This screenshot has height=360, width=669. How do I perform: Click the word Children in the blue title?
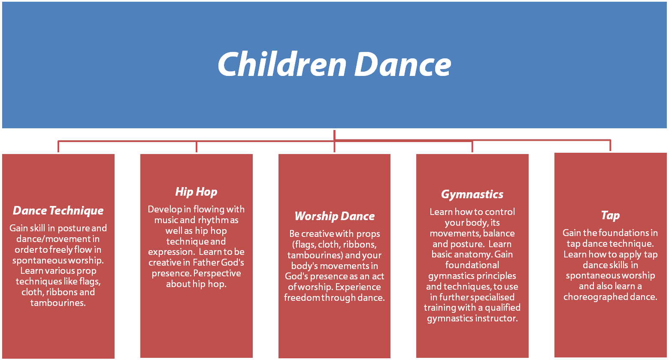pyautogui.click(x=282, y=64)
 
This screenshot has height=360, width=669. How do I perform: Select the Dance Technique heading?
pyautogui.click(x=58, y=211)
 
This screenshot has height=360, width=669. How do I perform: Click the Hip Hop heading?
pyautogui.click(x=196, y=192)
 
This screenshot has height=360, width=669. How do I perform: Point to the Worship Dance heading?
pyautogui.click(x=334, y=216)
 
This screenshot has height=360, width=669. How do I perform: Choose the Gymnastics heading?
pyautogui.click(x=472, y=194)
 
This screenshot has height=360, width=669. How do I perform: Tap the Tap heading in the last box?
pyautogui.click(x=610, y=215)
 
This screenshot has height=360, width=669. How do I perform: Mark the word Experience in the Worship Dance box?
pyautogui.click(x=358, y=287)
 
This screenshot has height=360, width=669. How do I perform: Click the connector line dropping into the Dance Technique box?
pyautogui.click(x=58, y=147)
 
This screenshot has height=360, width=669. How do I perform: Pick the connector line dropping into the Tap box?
pyautogui.click(x=610, y=146)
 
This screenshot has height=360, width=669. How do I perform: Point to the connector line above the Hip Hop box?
pyautogui.click(x=196, y=147)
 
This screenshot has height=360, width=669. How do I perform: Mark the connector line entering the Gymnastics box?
pyautogui.click(x=472, y=147)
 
